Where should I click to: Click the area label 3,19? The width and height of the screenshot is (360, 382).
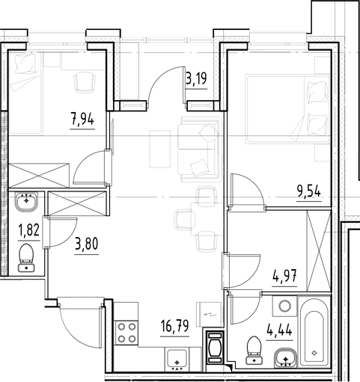tap(196, 75)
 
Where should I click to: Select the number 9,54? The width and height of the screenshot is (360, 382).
tap(310, 190)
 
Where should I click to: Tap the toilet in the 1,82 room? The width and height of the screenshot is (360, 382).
tap(28, 256)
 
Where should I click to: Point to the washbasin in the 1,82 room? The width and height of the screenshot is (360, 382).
tap(28, 201)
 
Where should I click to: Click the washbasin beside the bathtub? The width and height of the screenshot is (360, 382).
tap(284, 357)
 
